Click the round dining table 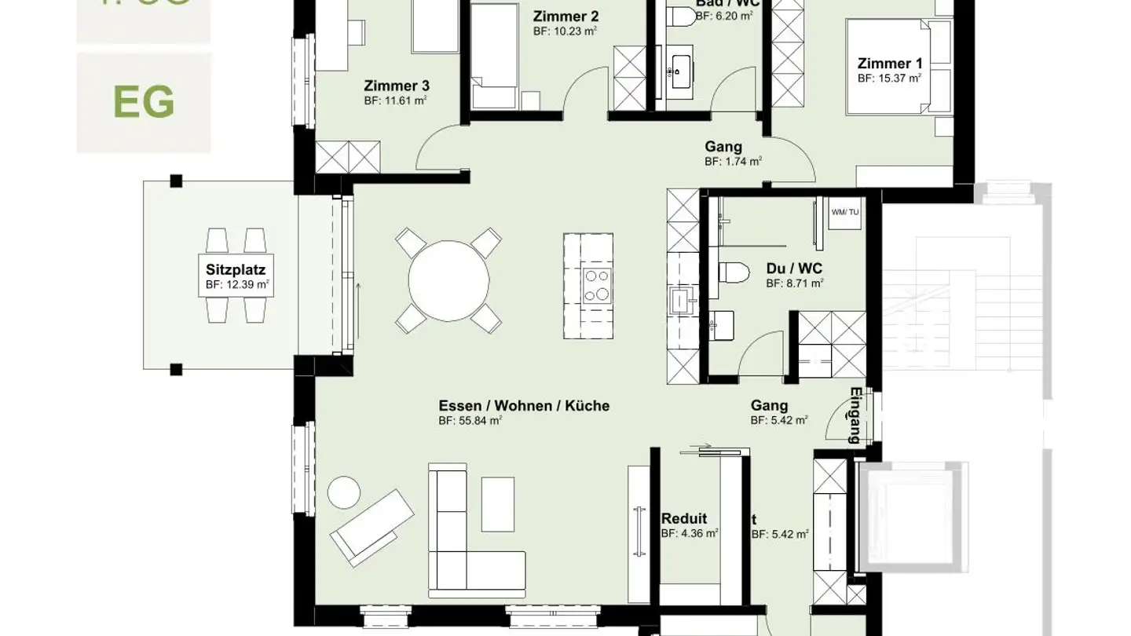[449, 280]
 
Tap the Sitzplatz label [231, 270]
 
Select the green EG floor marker [144, 102]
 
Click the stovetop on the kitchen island [597, 284]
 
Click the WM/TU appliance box [845, 213]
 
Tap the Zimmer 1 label [890, 64]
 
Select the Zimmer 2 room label [565, 16]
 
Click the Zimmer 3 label [397, 86]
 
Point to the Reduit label [684, 518]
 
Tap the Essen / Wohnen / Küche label [524, 406]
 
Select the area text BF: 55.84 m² [470, 420]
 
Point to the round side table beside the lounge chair [343, 492]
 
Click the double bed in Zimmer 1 [888, 68]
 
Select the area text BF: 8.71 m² [795, 283]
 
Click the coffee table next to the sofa [498, 503]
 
